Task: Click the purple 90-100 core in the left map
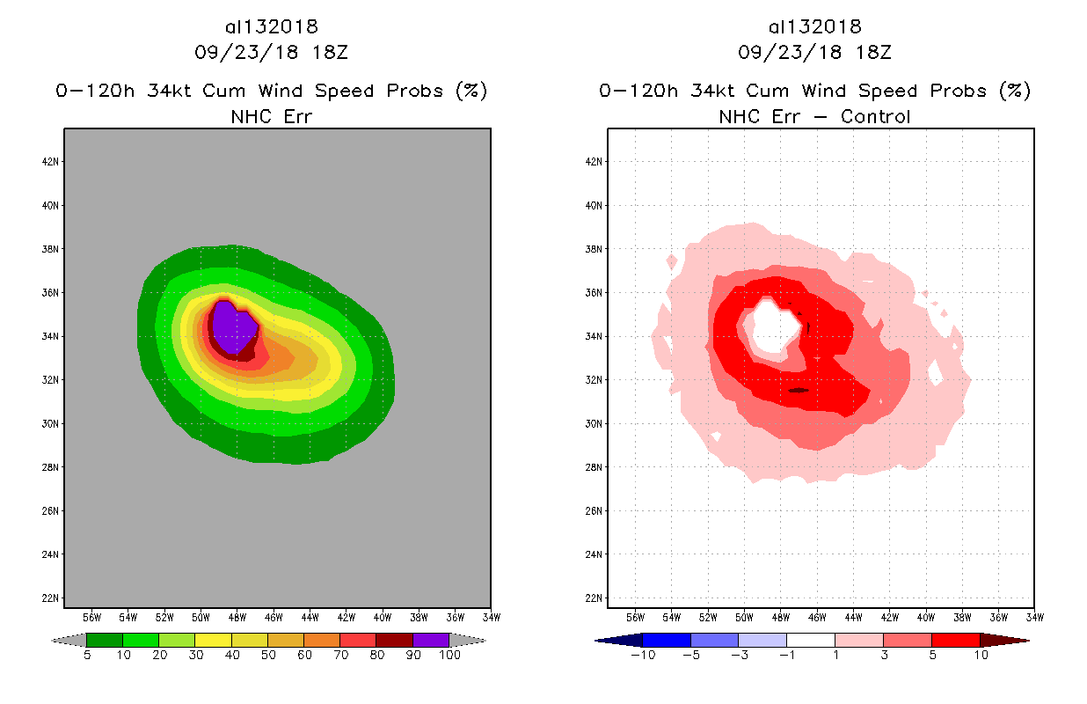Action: [233, 327]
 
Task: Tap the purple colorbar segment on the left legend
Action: [431, 640]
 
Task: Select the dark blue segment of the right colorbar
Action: [667, 640]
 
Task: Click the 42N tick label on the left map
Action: [51, 161]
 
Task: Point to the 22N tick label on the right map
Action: [595, 598]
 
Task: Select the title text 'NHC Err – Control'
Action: [814, 116]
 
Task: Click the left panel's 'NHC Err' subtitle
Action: [271, 116]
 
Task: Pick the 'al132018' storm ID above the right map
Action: [814, 26]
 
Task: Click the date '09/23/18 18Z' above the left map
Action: [271, 52]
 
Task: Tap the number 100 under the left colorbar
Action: [449, 656]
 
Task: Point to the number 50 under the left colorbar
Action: [267, 656]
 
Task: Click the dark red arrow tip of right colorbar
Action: [1003, 640]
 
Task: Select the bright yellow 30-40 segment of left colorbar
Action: [213, 640]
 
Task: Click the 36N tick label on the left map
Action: [51, 292]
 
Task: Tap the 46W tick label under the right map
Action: [816, 617]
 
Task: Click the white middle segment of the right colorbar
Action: [810, 640]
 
